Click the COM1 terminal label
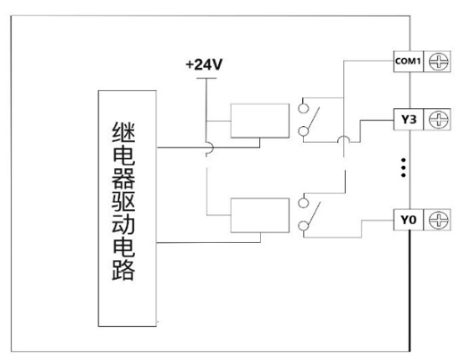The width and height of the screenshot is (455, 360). (x=408, y=62)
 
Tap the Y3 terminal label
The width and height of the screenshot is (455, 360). (x=409, y=120)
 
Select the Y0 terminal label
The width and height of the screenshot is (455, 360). (x=409, y=220)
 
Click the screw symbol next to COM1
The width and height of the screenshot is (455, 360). (x=438, y=62)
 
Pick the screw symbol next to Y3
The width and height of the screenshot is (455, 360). (x=438, y=120)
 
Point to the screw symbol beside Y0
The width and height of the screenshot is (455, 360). (x=438, y=220)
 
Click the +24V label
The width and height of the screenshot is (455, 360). (x=204, y=64)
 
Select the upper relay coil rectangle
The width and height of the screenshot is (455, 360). (x=260, y=121)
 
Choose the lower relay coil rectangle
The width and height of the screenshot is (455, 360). (x=260, y=215)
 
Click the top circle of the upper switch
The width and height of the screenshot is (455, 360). (x=303, y=108)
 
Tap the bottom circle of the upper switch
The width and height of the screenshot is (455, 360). (x=303, y=131)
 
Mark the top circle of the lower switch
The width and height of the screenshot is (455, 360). (x=303, y=203)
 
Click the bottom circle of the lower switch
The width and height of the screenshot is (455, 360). (x=303, y=226)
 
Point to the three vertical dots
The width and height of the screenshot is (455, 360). (x=403, y=168)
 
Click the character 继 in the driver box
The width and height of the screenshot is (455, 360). (x=123, y=132)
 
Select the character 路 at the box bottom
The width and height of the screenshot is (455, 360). (x=123, y=270)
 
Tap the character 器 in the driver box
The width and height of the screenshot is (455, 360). (x=123, y=178)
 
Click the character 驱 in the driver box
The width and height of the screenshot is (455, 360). (x=123, y=201)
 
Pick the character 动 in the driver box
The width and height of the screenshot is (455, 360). (x=123, y=224)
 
